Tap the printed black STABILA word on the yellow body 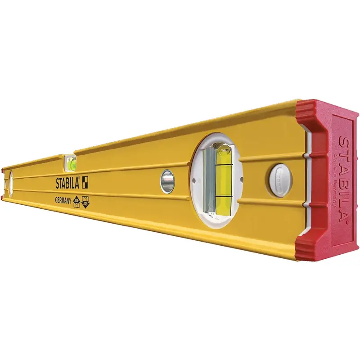click(67, 184)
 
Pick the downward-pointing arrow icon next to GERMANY click(86, 203)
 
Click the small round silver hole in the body click(167, 181)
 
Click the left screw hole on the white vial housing click(193, 180)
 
